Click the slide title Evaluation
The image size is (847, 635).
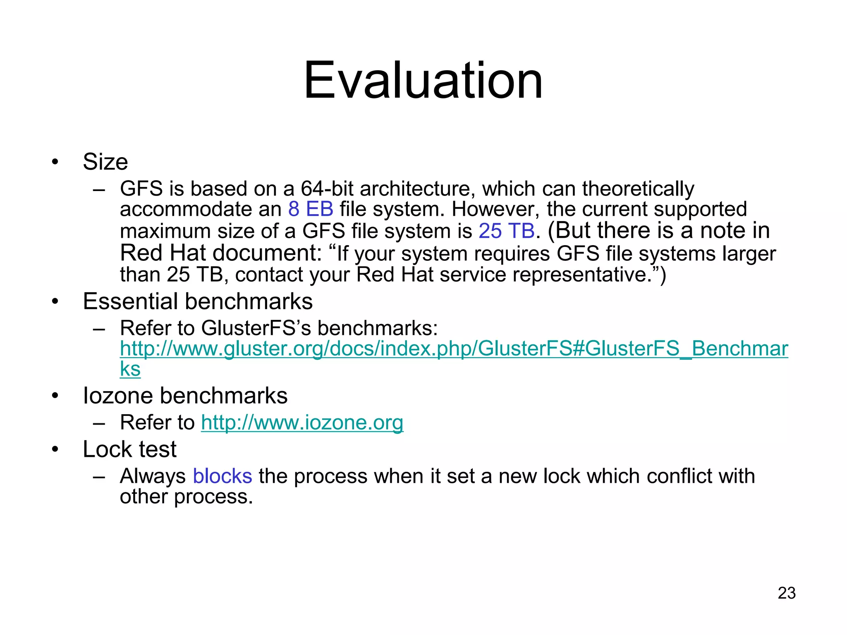(423, 81)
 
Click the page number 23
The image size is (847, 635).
(786, 593)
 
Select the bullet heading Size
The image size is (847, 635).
(105, 162)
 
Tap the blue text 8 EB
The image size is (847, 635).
(311, 209)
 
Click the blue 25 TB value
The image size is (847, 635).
(506, 231)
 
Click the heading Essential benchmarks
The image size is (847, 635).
(198, 301)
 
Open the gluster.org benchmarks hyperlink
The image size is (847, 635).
(454, 349)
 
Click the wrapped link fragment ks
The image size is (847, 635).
(130, 369)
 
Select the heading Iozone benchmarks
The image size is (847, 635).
(185, 396)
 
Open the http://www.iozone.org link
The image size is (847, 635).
(302, 423)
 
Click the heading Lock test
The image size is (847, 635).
(129, 449)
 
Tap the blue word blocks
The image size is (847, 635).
(223, 476)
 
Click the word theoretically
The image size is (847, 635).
(638, 189)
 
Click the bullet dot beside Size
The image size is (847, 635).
(55, 162)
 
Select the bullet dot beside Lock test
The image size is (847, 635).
(55, 449)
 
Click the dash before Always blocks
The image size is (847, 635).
(99, 477)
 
